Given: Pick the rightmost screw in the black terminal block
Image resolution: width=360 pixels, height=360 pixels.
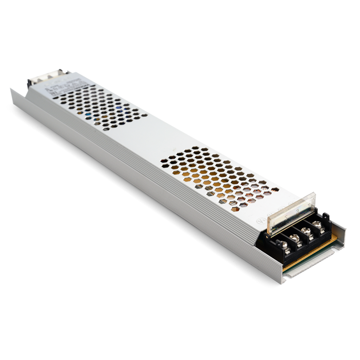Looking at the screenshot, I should coord(317,224).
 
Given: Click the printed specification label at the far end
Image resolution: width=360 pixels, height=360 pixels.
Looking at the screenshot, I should coord(67,87).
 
